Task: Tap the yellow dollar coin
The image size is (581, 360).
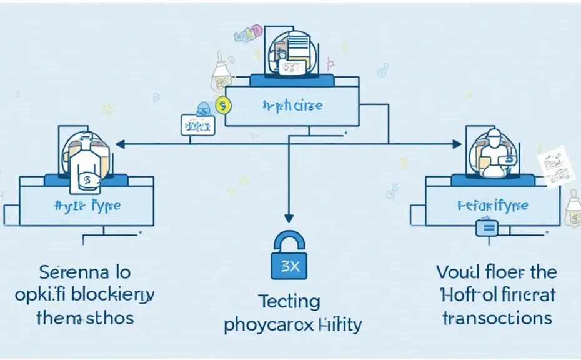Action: tap(221, 106)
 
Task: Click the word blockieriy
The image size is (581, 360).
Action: tap(116, 294)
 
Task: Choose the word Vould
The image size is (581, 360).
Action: tap(459, 272)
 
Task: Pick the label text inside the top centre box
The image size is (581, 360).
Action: tap(292, 105)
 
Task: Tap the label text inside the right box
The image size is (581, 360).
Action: tap(492, 205)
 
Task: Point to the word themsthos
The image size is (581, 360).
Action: tap(85, 317)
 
